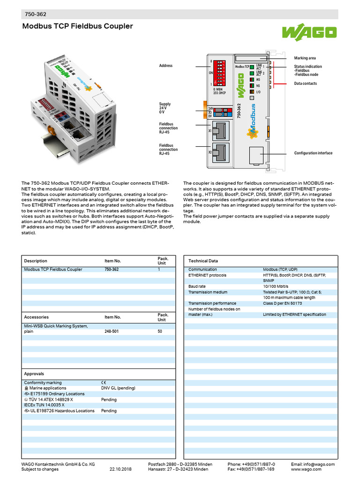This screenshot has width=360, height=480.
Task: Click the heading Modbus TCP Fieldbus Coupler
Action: [78, 27]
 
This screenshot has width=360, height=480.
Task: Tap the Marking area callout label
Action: [305, 58]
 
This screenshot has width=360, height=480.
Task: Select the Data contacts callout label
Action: [306, 83]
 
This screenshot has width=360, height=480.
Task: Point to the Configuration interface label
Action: [313, 153]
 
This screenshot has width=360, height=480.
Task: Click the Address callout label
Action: [165, 66]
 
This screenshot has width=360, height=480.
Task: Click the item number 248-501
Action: [112, 331]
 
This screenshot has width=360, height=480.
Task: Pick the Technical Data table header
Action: [203, 261]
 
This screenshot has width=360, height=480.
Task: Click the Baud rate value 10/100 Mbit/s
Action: [276, 286]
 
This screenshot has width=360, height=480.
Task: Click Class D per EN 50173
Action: [282, 303]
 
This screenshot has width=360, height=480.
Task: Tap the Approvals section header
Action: [34, 374]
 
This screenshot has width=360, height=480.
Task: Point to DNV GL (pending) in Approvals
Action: [118, 388]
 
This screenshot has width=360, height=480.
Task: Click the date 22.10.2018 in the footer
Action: [120, 469]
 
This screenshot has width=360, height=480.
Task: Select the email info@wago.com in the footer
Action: [313, 464]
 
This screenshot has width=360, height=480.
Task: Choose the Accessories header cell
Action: [37, 317]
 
